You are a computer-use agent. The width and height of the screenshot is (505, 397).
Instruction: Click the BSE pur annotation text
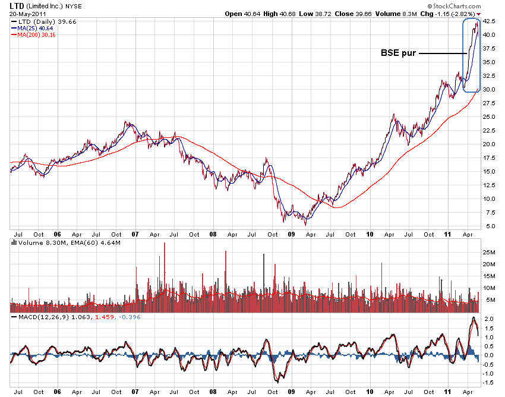click(397, 53)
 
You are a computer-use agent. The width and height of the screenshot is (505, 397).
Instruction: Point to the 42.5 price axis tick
click(489, 21)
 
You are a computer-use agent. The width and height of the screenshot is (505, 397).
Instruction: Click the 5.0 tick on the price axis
click(487, 226)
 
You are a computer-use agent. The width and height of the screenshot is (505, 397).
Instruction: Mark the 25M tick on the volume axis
click(489, 252)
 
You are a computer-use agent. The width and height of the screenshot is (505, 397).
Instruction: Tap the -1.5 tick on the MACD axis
click(488, 382)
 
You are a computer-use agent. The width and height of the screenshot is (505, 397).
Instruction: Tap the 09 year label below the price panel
click(292, 235)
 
